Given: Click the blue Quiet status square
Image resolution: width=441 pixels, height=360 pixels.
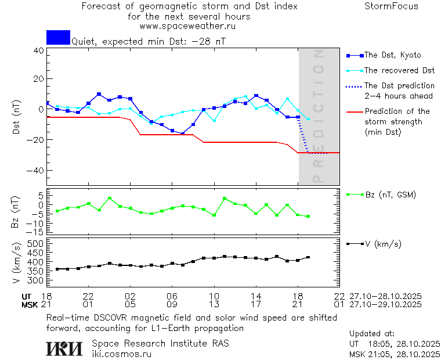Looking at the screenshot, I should (x=58, y=37).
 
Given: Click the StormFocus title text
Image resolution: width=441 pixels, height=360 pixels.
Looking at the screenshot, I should (x=391, y=6).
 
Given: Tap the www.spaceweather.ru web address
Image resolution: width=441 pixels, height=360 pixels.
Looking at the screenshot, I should (x=187, y=26).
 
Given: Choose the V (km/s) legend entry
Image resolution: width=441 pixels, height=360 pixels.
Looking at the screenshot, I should (x=382, y=244).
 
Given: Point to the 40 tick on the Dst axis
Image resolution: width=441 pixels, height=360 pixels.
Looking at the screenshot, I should (x=38, y=51).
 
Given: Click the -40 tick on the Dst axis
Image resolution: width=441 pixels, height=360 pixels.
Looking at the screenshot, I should (x=36, y=171).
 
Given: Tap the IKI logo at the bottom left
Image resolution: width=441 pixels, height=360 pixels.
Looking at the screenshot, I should (x=65, y=348).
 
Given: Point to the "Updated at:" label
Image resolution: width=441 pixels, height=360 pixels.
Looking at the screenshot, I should (x=372, y=334).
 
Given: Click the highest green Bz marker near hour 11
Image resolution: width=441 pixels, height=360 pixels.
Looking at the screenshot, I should (x=225, y=199).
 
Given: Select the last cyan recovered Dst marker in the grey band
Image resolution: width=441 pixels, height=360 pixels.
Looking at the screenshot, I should (x=308, y=119).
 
